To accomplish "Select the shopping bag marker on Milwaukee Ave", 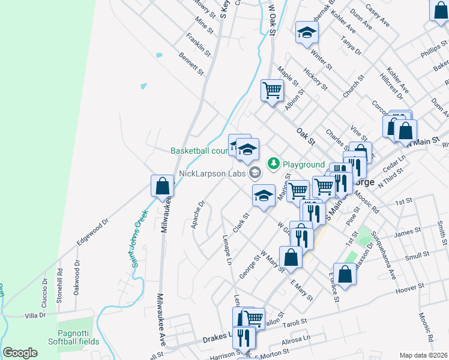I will point(162,186).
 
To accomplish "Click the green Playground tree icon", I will point(274,163).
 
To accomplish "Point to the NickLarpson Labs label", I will point(212,173).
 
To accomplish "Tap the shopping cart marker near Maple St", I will point(272,91).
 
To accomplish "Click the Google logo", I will point(20,353).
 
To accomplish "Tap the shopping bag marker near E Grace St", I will point(345,275).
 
